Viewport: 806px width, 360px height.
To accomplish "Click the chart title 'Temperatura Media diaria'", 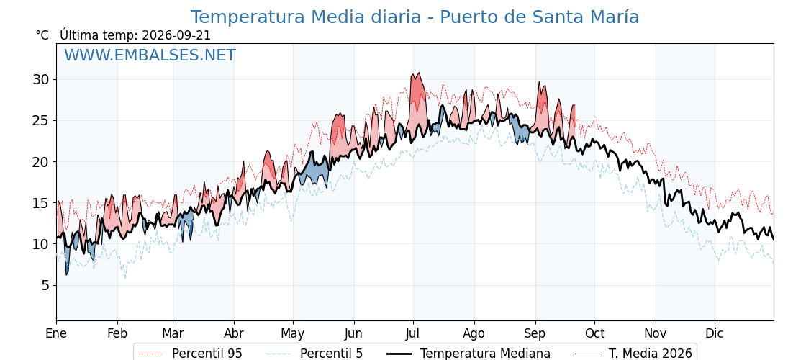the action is (307, 17).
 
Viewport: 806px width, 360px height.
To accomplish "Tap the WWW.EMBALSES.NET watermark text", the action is (150, 55).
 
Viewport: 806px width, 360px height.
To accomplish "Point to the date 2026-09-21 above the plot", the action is (176, 35).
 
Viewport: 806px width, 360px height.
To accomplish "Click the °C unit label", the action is (42, 35).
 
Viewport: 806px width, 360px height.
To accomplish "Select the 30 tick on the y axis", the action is (40, 80).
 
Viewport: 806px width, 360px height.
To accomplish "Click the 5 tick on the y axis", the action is (45, 285).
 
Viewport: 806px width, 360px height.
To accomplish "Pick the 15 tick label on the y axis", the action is (40, 202).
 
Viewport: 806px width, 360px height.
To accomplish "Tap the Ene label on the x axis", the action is (56, 333).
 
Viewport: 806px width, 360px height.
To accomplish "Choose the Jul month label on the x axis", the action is (413, 333).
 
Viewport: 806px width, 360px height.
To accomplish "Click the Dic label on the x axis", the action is (714, 333).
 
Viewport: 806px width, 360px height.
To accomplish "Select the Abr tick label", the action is (234, 333).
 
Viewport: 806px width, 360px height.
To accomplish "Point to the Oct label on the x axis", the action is (594, 333).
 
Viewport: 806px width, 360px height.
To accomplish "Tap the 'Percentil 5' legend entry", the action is (314, 354).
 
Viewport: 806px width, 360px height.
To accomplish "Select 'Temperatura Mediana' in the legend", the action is (468, 354).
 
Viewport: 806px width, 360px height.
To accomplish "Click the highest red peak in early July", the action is (419, 73).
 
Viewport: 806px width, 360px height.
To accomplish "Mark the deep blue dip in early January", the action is (67, 273).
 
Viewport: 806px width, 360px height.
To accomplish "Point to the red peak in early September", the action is (539, 82).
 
